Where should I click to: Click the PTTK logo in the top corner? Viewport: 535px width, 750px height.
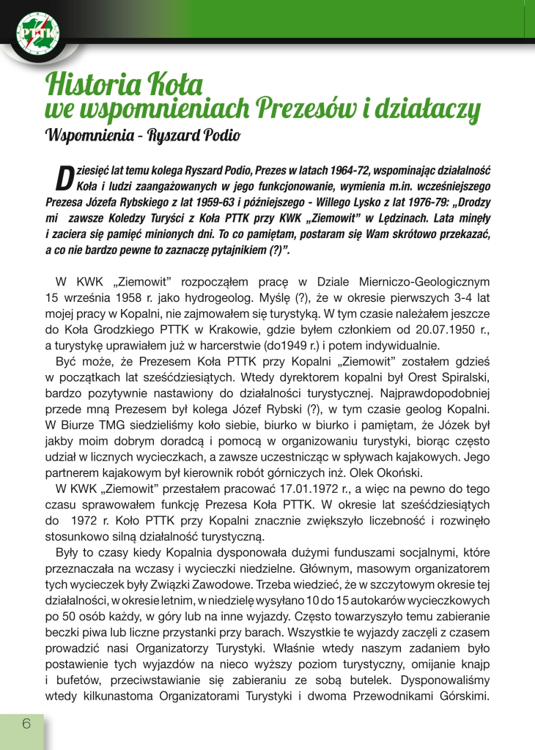[38, 33]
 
